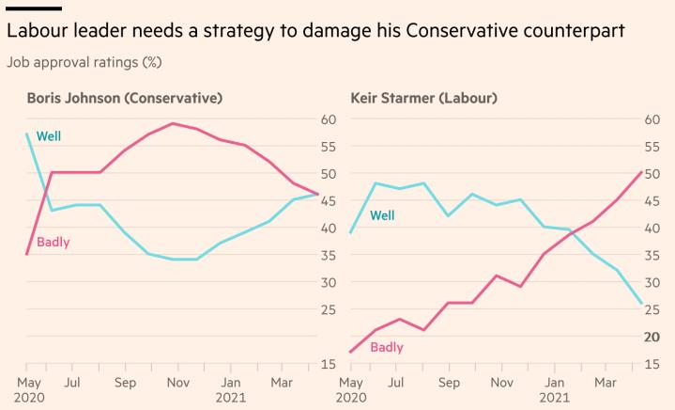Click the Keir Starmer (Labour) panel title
(423, 98)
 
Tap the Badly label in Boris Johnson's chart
(54, 242)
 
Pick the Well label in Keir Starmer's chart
(382, 215)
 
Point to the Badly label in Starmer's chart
(387, 347)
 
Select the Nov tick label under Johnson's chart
(175, 383)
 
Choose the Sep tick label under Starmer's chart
(450, 383)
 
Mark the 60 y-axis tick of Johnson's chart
(329, 119)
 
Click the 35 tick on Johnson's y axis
(329, 255)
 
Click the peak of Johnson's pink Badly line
(173, 123)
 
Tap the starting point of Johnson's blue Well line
(27, 134)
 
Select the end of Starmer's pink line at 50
(641, 171)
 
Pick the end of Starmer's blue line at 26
(641, 303)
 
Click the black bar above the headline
(34, 8)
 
